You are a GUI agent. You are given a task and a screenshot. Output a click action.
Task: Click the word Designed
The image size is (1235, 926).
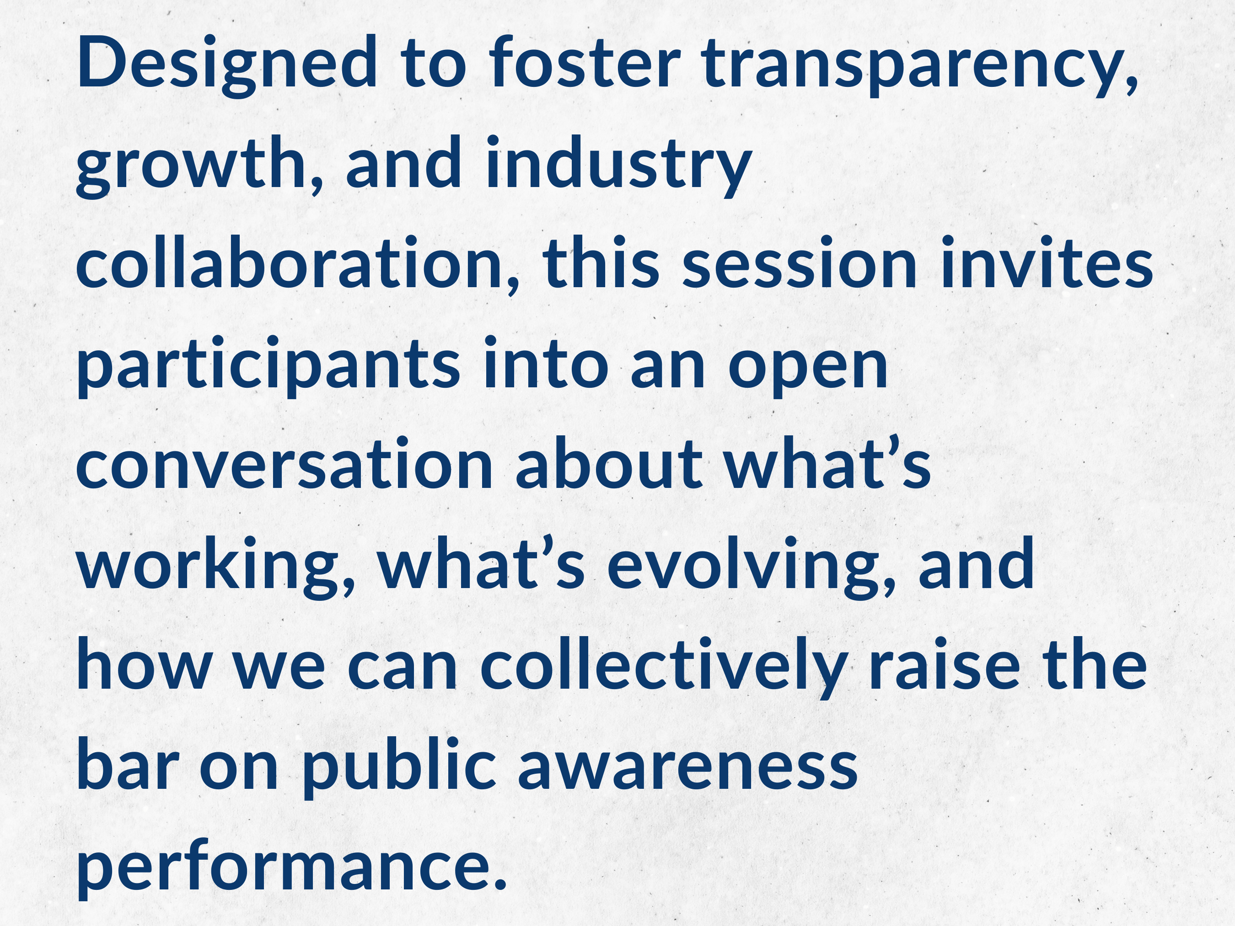[x=228, y=64]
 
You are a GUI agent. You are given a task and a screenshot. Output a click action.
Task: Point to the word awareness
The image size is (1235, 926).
[x=688, y=770]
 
